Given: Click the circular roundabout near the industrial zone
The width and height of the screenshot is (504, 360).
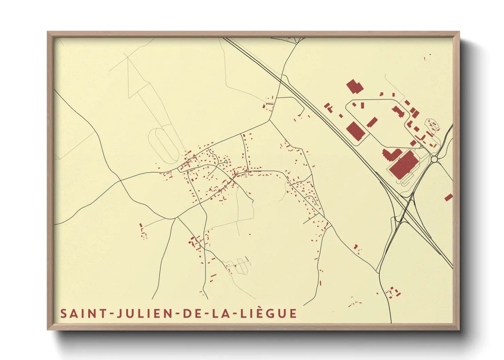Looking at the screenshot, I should click(x=434, y=159).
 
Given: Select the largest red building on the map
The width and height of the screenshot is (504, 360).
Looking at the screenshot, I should click(x=402, y=164).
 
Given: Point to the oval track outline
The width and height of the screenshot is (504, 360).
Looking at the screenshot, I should click(x=163, y=145).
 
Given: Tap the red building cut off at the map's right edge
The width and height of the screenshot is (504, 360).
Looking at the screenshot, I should click(x=448, y=197).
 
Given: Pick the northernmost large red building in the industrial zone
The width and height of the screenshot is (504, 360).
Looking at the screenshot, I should click(x=355, y=86).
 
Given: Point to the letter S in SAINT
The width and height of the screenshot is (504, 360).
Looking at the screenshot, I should click(x=63, y=313).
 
